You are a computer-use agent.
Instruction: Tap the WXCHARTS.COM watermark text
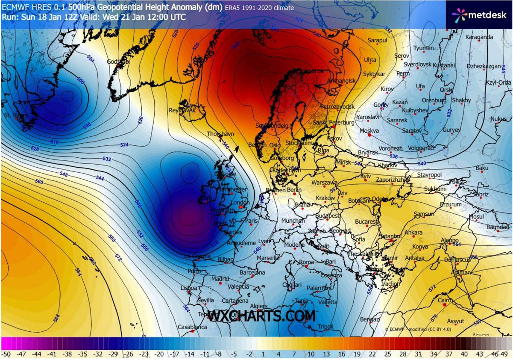coord(261,316)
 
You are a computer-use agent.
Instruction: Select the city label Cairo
coord(445,301)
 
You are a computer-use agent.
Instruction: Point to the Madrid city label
coord(220,279)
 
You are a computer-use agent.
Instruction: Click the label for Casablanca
coord(192,327)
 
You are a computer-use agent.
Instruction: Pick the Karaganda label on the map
coord(479,37)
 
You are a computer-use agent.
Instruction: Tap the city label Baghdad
coord(498,227)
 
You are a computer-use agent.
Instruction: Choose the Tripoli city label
coord(325,327)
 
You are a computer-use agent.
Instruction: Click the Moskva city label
coord(369,130)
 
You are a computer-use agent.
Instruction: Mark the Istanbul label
coord(391,236)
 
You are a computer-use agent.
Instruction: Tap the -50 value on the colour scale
coord(6,354)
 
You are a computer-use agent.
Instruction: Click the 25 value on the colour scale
coord(387,354)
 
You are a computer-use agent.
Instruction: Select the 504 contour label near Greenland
coord(91,59)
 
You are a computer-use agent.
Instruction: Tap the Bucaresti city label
coord(366,222)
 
